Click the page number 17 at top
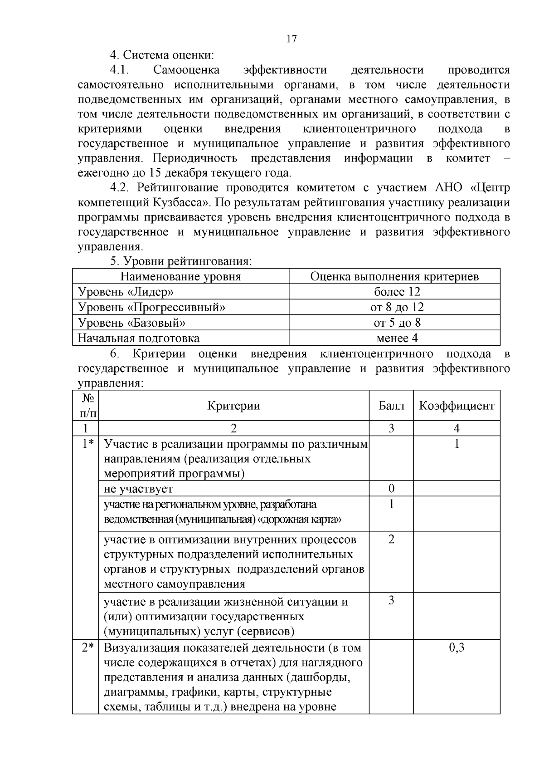click(x=291, y=39)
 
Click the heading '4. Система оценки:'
click(x=162, y=55)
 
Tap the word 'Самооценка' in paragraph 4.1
click(x=186, y=70)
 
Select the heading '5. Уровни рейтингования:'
click(x=180, y=261)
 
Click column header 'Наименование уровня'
click(x=180, y=276)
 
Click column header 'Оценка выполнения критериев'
click(x=394, y=276)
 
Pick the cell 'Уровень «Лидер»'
click(x=126, y=292)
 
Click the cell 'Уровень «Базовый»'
click(x=132, y=323)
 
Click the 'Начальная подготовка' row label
click(x=138, y=338)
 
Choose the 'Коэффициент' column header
click(x=457, y=405)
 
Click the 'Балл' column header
click(x=391, y=405)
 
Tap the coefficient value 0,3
click(x=457, y=647)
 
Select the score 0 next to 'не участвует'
click(x=391, y=489)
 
